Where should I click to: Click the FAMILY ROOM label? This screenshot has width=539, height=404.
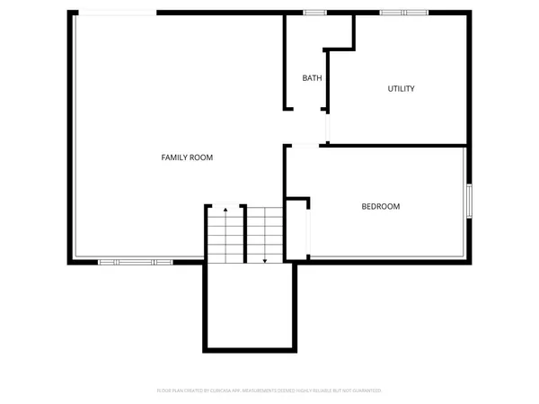187,157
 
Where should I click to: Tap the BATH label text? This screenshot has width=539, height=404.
312,78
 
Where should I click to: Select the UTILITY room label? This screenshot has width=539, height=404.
401,88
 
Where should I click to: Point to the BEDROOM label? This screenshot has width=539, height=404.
381,207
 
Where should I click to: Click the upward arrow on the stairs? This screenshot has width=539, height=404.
225,210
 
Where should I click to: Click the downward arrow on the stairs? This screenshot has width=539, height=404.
265,260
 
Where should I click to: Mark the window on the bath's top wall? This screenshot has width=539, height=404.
314,12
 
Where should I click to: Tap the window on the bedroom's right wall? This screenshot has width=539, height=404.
468,200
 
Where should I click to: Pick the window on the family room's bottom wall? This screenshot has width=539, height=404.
136,262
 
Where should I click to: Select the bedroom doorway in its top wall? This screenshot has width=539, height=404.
305,145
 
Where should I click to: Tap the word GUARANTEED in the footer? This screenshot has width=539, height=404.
366,391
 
